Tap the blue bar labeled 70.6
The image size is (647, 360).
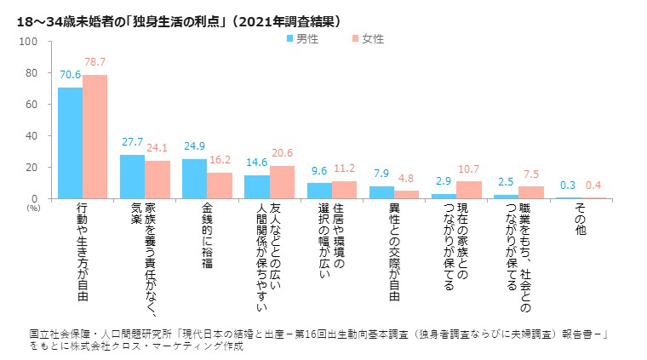click(x=70, y=142)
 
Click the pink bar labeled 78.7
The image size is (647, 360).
click(x=94, y=136)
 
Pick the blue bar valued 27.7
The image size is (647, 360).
click(x=132, y=176)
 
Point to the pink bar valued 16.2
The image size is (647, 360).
click(x=220, y=186)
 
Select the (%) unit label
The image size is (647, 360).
click(x=33, y=207)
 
